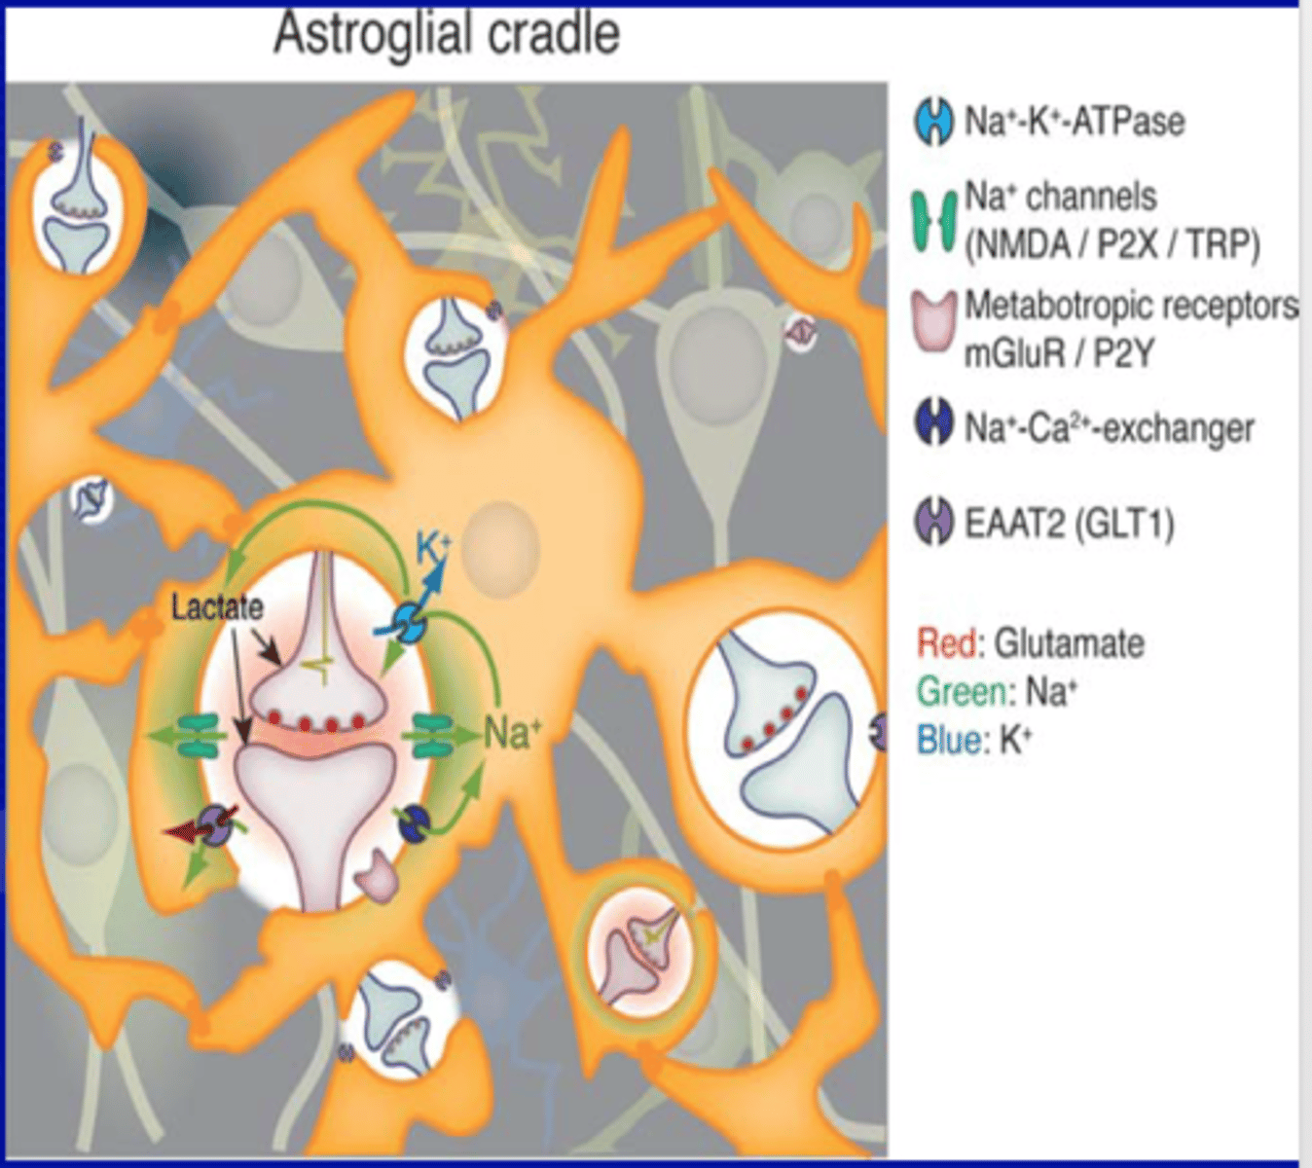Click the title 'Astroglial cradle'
click(x=447, y=35)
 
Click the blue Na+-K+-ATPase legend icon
click(x=934, y=123)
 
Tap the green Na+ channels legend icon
click(x=934, y=221)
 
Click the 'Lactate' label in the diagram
click(x=217, y=607)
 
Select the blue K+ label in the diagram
click(x=433, y=549)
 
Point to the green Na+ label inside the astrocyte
click(x=512, y=732)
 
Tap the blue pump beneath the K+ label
click(x=410, y=621)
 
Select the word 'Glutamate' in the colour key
click(x=1070, y=644)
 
